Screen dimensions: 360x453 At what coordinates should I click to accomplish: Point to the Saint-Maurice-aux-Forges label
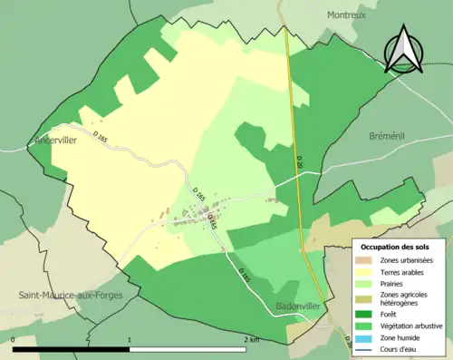pyautogui.click(x=72, y=295)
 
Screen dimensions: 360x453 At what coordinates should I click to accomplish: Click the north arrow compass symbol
pyautogui.click(x=401, y=49)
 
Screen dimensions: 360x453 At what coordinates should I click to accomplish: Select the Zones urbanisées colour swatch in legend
pyautogui.click(x=364, y=260)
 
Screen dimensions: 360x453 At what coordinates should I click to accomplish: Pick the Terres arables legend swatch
pyautogui.click(x=364, y=272)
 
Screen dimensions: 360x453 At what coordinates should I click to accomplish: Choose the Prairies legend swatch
pyautogui.click(x=364, y=283)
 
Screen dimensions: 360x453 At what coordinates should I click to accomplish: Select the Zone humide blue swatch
pyautogui.click(x=364, y=337)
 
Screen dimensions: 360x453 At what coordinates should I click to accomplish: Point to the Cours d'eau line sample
pyautogui.click(x=364, y=348)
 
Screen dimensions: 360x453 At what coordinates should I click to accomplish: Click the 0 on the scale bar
pyautogui.click(x=14, y=339)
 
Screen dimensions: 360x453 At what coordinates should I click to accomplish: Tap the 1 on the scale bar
pyautogui.click(x=130, y=339)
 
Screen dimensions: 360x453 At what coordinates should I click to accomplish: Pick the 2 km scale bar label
pyautogui.click(x=251, y=339)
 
